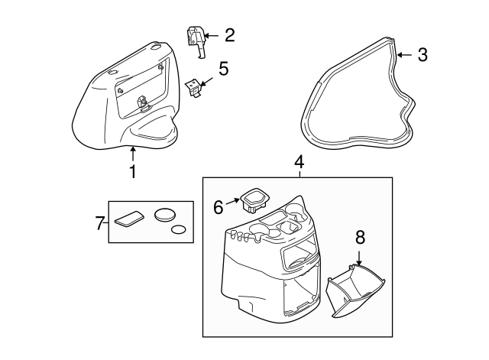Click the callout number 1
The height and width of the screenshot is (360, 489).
coord(133,171)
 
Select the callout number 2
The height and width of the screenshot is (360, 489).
coord(229,35)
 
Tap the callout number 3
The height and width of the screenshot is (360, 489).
coord(423,55)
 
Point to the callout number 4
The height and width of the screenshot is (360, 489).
coord(299,162)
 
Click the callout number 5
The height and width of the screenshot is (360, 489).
coord(223,69)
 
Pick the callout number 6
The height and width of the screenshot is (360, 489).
coord(219,207)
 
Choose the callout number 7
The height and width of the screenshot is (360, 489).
coord(100,223)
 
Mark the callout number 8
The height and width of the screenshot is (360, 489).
coord(360,238)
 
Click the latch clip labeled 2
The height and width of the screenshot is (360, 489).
coord(196,41)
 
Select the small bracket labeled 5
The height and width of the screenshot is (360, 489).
coord(193,88)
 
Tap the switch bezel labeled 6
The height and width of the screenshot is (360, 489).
coord(254,200)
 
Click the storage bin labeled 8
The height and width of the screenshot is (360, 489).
coord(355,290)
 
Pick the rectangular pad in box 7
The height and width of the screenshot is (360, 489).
coord(130,218)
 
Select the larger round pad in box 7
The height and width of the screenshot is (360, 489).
coord(165,215)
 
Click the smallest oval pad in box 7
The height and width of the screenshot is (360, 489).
coord(179,229)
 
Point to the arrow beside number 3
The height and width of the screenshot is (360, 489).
coord(405,55)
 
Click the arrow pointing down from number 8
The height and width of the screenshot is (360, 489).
coord(359,258)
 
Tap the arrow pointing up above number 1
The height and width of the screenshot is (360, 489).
coord(133,154)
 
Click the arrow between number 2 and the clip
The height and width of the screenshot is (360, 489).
coord(212,36)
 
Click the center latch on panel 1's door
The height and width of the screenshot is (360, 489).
coord(142,102)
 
